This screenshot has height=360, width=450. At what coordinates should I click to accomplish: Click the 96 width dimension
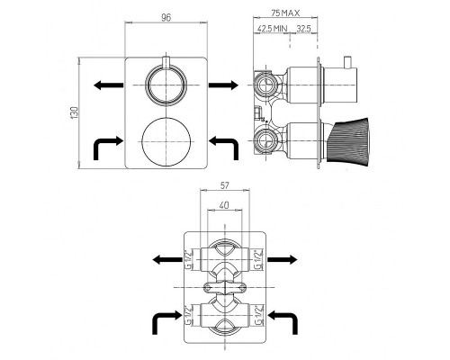pyautogui.click(x=166, y=18)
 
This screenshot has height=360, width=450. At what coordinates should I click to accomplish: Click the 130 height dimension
pyautogui.click(x=75, y=112)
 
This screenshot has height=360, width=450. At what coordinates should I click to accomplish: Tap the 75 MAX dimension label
pyautogui.click(x=285, y=13)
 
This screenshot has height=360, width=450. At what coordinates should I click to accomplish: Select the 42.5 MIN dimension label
pyautogui.click(x=273, y=29)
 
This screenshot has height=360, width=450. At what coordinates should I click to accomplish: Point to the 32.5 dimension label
pyautogui.click(x=304, y=29)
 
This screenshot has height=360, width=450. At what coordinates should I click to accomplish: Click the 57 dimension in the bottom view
pyautogui.click(x=224, y=185)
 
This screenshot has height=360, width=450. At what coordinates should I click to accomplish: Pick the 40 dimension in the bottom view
pyautogui.click(x=224, y=205)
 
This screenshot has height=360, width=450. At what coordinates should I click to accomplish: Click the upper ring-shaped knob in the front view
pyautogui.click(x=166, y=85)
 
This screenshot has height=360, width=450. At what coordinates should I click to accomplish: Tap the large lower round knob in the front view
pyautogui.click(x=166, y=141)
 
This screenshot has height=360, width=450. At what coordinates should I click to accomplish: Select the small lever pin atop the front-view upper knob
pyautogui.click(x=166, y=61)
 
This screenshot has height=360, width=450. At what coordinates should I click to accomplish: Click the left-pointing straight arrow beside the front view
pyautogui.click(x=108, y=85)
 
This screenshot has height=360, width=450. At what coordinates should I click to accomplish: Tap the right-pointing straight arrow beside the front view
pyautogui.click(x=223, y=85)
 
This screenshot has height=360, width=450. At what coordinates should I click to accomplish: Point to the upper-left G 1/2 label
pyautogui.click(x=188, y=259)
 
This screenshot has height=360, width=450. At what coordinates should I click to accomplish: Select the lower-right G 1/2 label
pyautogui.click(x=259, y=315)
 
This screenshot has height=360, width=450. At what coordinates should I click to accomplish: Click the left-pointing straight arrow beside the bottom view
pyautogui.click(x=167, y=260)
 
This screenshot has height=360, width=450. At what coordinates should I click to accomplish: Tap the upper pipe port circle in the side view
pyautogui.click(x=265, y=85)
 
